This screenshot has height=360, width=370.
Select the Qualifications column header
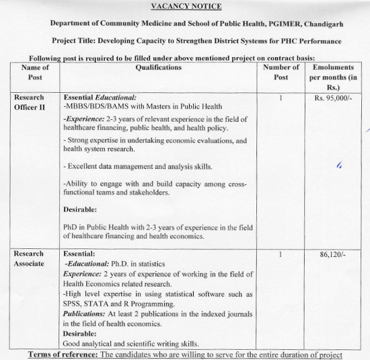158,67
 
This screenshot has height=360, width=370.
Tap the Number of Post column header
281,73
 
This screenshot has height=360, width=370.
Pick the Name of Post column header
36,73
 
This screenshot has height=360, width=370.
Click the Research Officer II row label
31,103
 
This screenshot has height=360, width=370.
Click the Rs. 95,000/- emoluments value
334,98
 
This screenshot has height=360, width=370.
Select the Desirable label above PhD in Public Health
80,209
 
